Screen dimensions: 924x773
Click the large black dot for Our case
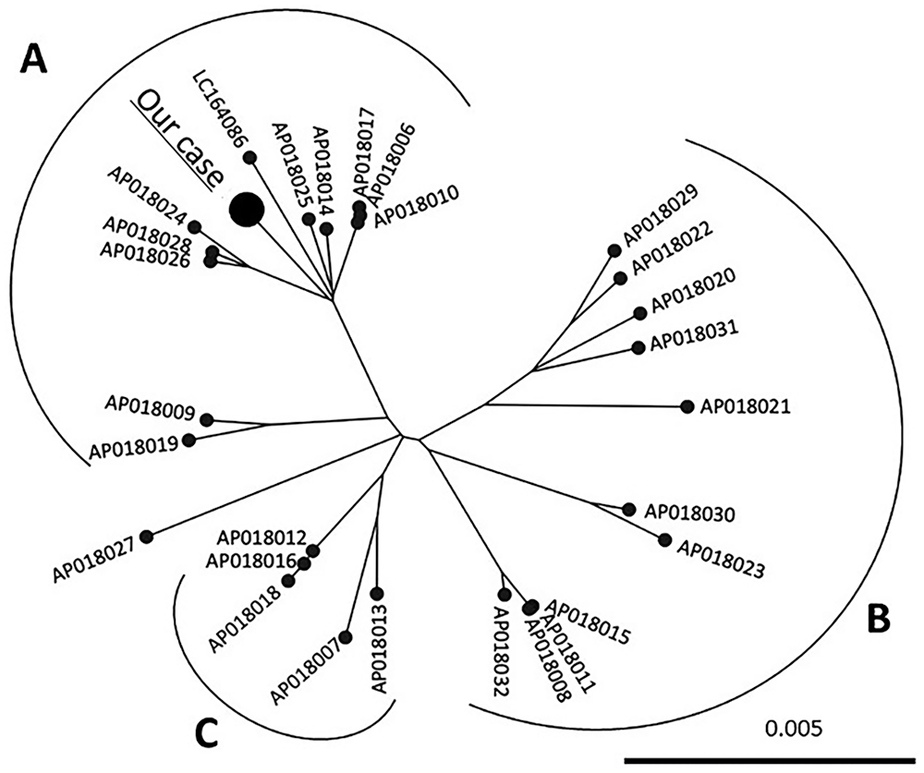click(x=247, y=209)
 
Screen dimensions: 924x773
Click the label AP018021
click(x=744, y=406)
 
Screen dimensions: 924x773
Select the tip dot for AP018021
click(x=687, y=406)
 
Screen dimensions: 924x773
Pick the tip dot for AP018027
click(x=147, y=537)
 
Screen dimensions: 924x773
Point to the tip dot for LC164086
click(x=250, y=157)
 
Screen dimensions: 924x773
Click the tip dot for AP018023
click(x=664, y=539)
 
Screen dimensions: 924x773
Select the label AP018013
click(x=379, y=648)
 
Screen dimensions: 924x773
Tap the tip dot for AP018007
click(x=346, y=637)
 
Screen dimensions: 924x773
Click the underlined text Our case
click(x=176, y=138)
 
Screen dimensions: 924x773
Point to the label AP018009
click(x=150, y=406)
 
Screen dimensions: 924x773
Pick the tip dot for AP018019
click(x=189, y=440)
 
